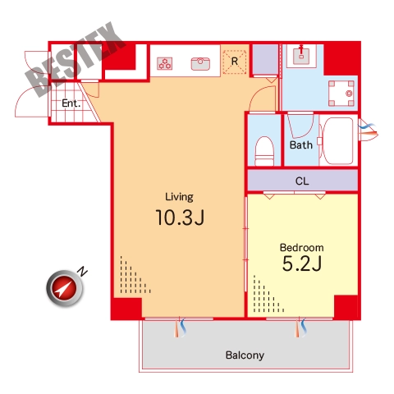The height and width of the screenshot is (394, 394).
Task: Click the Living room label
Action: click(179, 197)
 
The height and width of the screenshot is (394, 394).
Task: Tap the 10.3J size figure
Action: click(180, 218)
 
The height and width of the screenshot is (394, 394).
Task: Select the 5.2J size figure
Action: click(302, 263)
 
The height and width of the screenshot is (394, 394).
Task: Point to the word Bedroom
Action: click(302, 247)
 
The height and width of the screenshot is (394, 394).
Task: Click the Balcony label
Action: click(245, 355)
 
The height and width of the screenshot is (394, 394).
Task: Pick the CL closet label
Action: click(302, 181)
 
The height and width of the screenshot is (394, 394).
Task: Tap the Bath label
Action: click(301, 145)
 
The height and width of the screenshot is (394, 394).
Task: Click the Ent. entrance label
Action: click(71, 103)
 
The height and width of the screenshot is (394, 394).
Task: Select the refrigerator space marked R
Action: click(235, 62)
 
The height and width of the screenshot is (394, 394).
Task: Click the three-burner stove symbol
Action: click(165, 63)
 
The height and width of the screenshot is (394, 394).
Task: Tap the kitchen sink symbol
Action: click(200, 64)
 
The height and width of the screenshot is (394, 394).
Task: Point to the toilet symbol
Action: click(264, 151)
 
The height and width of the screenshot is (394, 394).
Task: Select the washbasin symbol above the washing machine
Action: click(301, 56)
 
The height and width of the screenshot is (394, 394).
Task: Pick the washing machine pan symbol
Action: click(341, 94)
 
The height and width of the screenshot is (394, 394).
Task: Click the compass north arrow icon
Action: click(65, 288)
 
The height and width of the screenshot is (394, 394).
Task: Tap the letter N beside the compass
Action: click(82, 271)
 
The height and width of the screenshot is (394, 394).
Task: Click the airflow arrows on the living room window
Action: click(180, 328)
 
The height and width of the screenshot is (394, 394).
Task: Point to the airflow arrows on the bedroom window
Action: click(300, 328)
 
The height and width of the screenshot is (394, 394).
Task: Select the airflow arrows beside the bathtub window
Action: click(369, 130)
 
